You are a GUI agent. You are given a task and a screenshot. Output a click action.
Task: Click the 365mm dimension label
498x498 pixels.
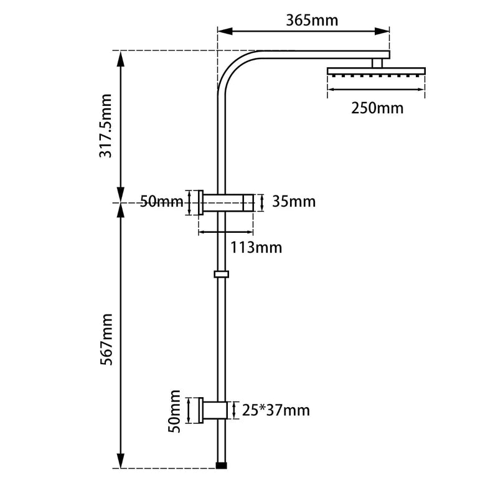tap(312, 20)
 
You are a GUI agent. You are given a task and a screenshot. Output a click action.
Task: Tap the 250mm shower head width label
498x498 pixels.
tap(377, 108)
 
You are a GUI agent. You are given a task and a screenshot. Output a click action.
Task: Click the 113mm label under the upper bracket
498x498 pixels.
tap(256, 248)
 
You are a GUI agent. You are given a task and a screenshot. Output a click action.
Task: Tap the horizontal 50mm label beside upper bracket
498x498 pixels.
tap(161, 202)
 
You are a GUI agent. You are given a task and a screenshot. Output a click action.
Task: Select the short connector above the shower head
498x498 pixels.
tap(377, 63)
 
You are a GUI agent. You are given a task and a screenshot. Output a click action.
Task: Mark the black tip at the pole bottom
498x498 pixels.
tap(221, 464)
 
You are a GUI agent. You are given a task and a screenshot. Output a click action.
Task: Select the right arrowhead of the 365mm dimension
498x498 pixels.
tap(385, 31)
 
